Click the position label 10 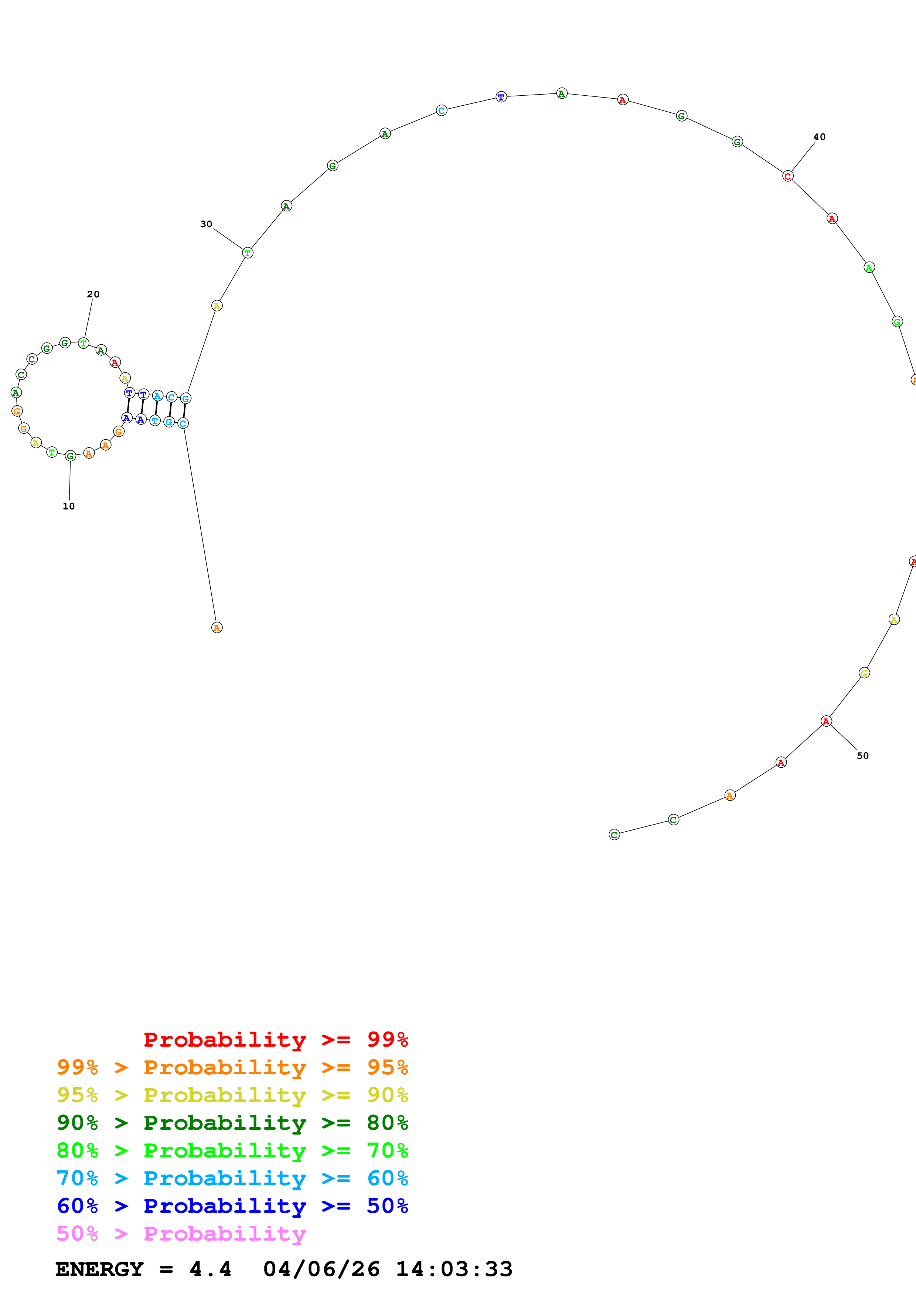click(x=69, y=507)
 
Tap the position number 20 click(x=93, y=294)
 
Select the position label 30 click(x=206, y=224)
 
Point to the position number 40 click(x=819, y=137)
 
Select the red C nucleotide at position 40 click(x=788, y=176)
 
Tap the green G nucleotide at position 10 click(x=70, y=456)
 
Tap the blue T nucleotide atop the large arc click(x=501, y=97)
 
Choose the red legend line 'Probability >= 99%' click(x=275, y=1039)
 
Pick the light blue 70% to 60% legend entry click(x=232, y=1178)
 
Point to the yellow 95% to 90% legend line click(x=232, y=1095)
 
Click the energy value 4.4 click(x=210, y=1269)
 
